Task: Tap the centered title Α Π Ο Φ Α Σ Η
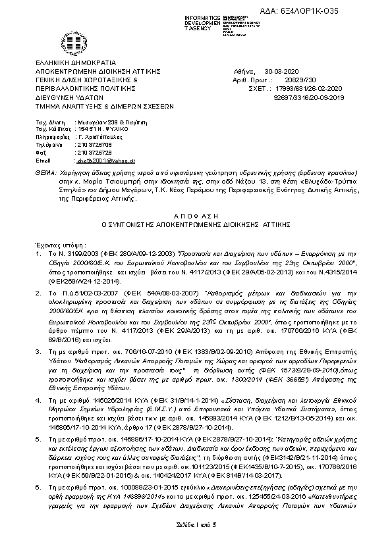coord(196,215)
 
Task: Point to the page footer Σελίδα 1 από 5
coord(196,539)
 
